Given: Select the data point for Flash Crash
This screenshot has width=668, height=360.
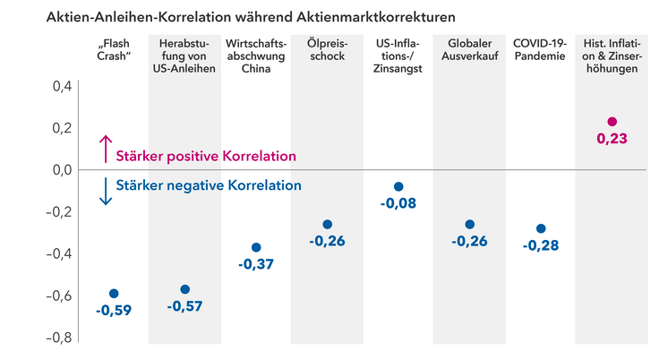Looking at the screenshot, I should [114, 294].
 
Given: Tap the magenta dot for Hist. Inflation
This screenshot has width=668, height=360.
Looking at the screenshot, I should [612, 122].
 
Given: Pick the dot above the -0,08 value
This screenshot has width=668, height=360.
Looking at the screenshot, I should [398, 187].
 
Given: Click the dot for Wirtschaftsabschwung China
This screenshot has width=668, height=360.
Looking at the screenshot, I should [256, 247].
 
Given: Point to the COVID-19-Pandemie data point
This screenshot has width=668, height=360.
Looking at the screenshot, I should [541, 229].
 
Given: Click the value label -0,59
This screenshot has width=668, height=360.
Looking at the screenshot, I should [114, 312].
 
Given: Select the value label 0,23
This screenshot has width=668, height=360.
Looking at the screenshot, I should [612, 139].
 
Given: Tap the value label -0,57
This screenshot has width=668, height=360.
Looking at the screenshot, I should [185, 306].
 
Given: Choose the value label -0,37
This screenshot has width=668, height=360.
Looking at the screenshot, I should [256, 264].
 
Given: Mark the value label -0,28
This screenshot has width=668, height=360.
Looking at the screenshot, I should [541, 246].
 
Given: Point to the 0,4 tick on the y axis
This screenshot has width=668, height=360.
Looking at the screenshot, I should [61, 87].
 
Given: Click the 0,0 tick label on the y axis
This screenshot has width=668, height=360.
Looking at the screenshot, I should [61, 170].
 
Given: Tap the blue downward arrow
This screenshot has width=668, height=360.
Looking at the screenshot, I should [106, 191].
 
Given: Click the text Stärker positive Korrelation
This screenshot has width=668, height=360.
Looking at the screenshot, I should [206, 156].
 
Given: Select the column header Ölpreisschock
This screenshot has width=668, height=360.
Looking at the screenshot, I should [327, 50].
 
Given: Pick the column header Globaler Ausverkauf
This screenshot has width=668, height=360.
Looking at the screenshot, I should [469, 50].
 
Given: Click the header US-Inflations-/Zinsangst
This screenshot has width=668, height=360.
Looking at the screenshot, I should [398, 56].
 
